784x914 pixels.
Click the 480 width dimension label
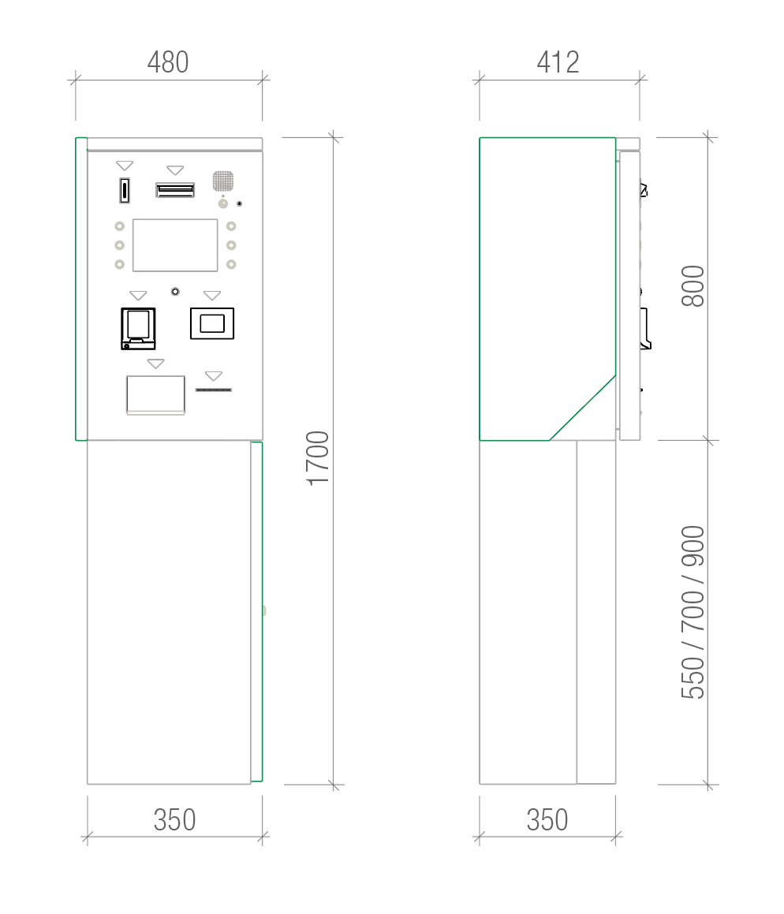point(168,62)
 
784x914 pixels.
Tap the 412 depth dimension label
point(558,62)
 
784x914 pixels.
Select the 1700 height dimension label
point(318,458)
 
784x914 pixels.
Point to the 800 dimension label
point(693,286)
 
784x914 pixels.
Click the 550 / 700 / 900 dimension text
point(693,612)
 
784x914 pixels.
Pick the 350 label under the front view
point(174,820)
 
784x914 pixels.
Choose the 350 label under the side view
point(547,820)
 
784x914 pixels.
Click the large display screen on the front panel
point(175,245)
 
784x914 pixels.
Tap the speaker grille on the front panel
point(222,181)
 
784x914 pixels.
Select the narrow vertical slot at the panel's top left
point(124,191)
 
